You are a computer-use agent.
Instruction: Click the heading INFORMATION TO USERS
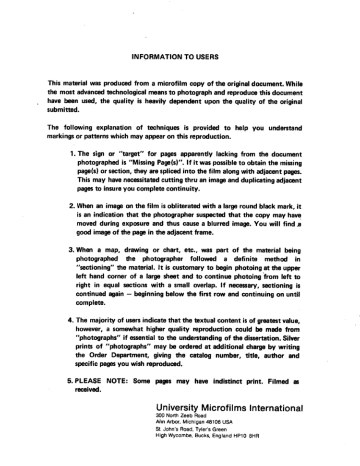pos(175,57)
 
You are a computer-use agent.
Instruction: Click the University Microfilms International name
pos(229,408)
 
